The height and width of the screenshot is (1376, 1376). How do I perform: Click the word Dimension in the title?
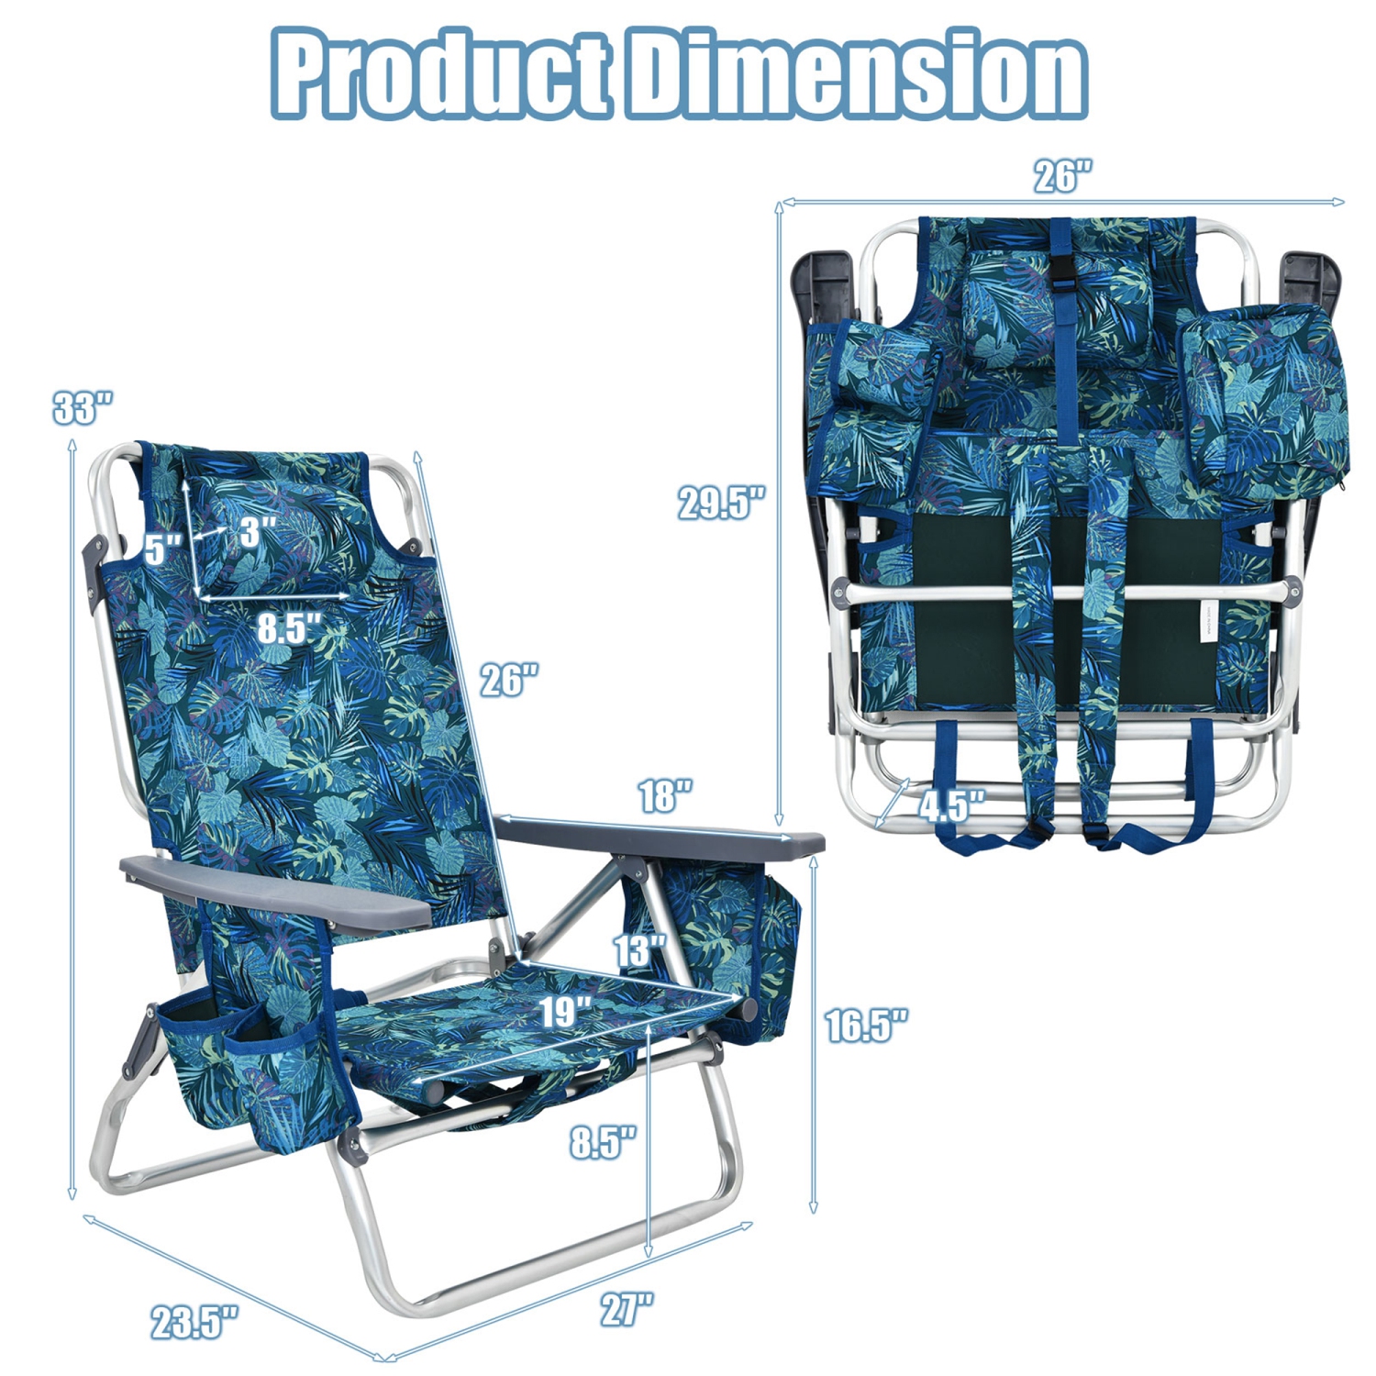pos(858,73)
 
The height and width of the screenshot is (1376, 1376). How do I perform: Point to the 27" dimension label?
pos(627,1308)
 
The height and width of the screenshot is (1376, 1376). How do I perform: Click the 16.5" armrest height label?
pos(866,1025)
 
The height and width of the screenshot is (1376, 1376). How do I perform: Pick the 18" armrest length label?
pos(665,795)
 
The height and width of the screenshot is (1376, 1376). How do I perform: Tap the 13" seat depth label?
pos(639,950)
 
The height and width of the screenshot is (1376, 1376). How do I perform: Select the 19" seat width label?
pos(563,1012)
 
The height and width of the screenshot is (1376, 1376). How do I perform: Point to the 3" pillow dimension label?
pos(258,532)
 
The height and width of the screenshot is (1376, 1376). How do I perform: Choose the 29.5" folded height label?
pos(721,503)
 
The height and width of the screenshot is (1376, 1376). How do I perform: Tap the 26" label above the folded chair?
pos(1063,176)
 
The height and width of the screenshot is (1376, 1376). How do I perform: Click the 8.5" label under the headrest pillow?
pos(290,628)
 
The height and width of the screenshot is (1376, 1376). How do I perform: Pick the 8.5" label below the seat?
pos(603,1142)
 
